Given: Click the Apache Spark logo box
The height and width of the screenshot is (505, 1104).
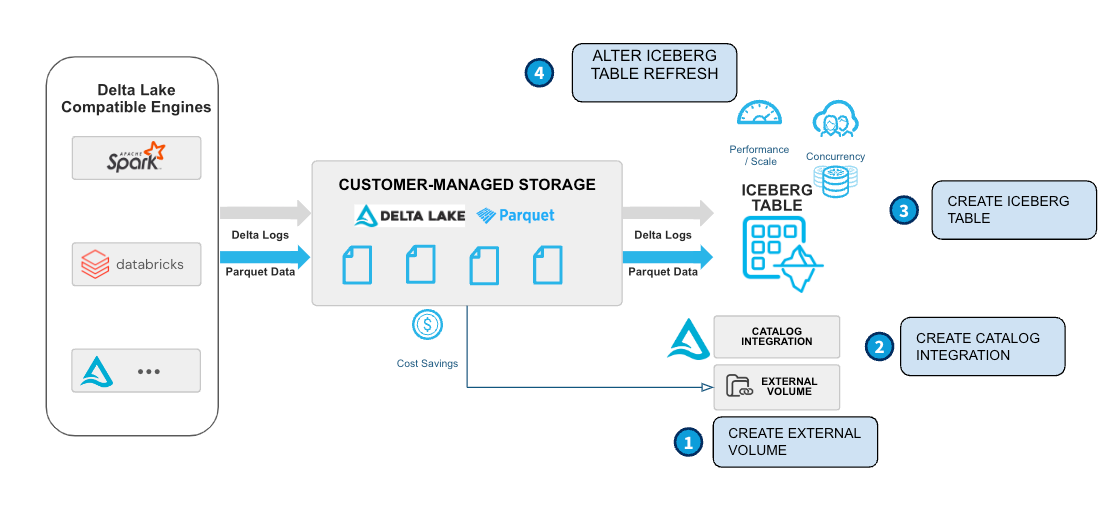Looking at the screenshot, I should coord(137,158).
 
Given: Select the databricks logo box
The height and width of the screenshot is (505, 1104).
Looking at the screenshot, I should coord(137,265).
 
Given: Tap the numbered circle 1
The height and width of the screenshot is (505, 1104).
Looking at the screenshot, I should coord(688,442).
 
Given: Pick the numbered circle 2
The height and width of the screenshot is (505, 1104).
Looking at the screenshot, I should coord(879,347).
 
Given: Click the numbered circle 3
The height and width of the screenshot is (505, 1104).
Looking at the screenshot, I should coord(904,210).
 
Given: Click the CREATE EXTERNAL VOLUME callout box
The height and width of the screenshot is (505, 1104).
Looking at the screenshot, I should coord(795,442).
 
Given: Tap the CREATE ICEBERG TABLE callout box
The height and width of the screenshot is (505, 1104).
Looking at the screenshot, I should coord(1013,210).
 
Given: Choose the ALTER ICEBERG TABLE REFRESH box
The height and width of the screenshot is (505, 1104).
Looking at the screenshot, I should coord(654,72).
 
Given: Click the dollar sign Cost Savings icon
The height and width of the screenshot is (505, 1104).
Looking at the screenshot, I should coord(428,324).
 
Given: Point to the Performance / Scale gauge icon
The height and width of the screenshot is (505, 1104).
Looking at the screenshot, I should coord(759,114).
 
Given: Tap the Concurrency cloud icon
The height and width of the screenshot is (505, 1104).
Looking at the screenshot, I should coord(836,120).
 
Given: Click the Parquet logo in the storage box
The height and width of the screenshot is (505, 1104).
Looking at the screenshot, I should coord(515,215).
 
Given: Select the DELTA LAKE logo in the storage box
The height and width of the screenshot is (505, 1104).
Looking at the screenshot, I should coord(409,215).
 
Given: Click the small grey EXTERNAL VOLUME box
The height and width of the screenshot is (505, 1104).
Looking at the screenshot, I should coord(776,387).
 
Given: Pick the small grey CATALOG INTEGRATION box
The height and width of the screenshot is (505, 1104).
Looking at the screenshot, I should coord(776,337).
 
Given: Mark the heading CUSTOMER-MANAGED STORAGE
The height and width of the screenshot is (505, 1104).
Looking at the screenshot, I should coord(467,185).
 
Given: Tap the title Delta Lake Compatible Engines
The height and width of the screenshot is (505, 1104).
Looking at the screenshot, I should coord(135,98).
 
